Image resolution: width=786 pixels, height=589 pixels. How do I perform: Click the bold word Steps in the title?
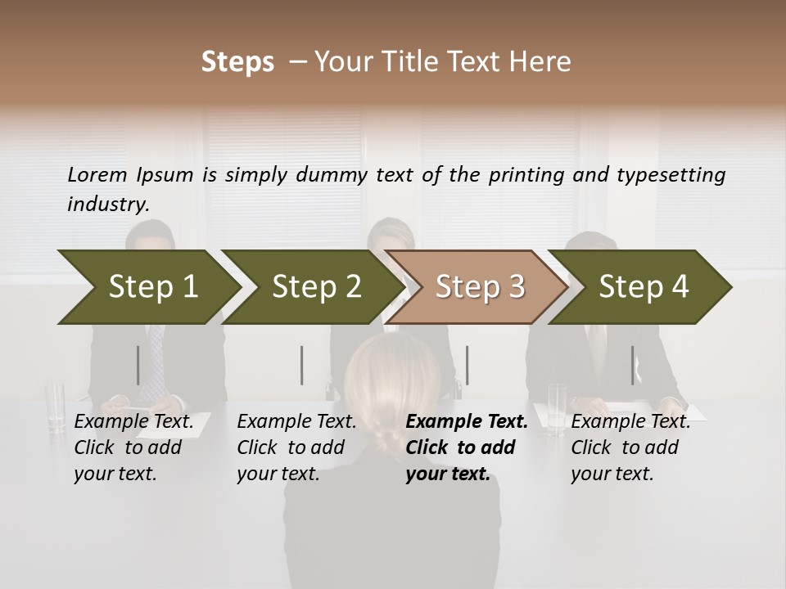(237, 61)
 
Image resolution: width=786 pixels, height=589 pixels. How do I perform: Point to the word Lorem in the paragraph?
(97, 174)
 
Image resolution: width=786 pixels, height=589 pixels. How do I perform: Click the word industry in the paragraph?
(107, 205)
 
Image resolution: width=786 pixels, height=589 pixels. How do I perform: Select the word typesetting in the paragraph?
(671, 175)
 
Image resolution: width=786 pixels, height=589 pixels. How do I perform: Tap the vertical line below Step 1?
(138, 365)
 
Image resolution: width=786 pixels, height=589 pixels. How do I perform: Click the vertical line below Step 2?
(302, 365)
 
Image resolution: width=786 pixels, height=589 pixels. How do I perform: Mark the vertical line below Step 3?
(467, 365)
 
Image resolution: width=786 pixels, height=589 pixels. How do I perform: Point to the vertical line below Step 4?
(632, 365)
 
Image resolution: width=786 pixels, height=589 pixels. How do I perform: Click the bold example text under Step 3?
(466, 447)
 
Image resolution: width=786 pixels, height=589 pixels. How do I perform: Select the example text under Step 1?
(133, 447)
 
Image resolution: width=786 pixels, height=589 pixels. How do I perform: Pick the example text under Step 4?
(630, 447)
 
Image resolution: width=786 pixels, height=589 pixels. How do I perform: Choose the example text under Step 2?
(296, 447)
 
